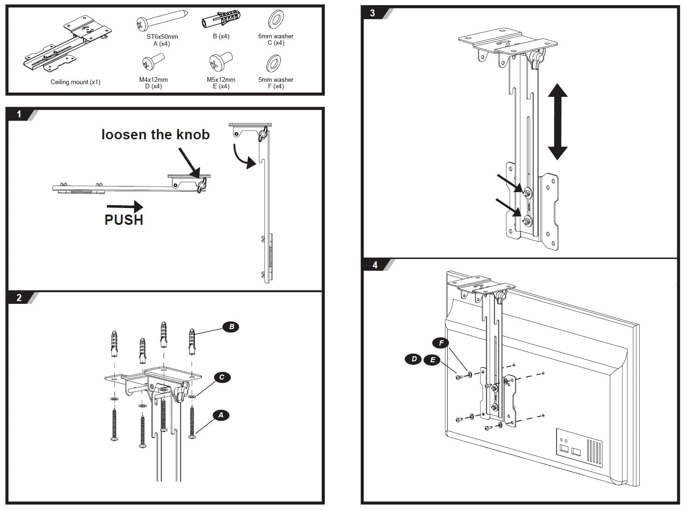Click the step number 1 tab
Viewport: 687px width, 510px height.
tap(19, 114)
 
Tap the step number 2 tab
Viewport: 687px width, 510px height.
tap(19, 298)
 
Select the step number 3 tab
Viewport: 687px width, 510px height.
tap(372, 13)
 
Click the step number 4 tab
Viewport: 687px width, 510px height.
tap(375, 265)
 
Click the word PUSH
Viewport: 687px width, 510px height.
tap(123, 220)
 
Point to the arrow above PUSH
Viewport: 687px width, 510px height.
tap(125, 206)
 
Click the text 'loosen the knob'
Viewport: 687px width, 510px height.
tap(155, 135)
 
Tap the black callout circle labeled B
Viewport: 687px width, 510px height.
tap(231, 327)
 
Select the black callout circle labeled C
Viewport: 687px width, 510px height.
tap(222, 377)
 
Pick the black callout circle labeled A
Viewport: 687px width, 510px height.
tap(221, 415)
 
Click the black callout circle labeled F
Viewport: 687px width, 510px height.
tap(441, 343)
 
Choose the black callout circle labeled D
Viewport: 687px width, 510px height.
tap(414, 359)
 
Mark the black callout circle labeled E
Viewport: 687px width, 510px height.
tap(432, 359)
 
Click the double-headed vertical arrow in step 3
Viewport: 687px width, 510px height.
tap(557, 122)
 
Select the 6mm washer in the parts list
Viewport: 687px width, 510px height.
tap(276, 20)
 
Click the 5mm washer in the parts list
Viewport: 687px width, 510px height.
tap(274, 64)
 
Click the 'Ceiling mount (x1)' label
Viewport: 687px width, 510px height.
tap(75, 82)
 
